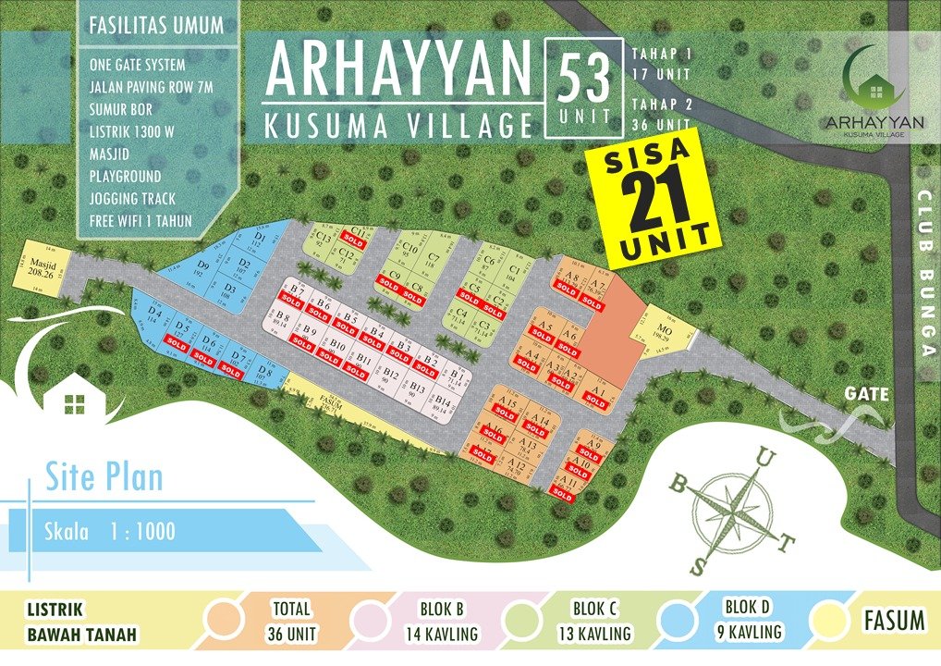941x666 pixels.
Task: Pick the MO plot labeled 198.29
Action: click(x=665, y=330)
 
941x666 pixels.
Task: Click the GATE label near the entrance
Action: click(x=866, y=394)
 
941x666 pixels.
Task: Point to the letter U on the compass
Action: click(x=764, y=457)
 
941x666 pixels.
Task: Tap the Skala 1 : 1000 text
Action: click(x=109, y=532)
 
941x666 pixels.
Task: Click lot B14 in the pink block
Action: click(x=444, y=403)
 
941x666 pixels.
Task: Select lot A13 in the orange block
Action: click(x=528, y=444)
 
